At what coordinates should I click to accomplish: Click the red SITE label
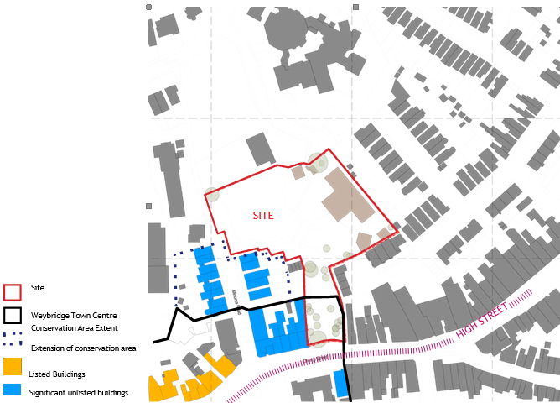click(263, 216)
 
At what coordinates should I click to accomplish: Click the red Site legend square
click(13, 291)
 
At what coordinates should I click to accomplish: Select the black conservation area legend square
click(13, 317)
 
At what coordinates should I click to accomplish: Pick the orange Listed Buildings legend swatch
click(13, 367)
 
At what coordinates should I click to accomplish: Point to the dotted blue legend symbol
click(13, 342)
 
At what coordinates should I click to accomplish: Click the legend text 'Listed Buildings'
click(56, 374)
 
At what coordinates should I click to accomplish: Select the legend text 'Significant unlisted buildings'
click(78, 392)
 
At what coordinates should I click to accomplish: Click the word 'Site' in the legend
click(38, 287)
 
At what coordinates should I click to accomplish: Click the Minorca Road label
click(237, 299)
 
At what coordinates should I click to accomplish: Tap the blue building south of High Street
click(340, 384)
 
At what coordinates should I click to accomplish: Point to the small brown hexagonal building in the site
click(364, 240)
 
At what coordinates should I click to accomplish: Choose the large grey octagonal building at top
click(290, 34)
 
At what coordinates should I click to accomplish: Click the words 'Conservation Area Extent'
click(75, 327)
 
